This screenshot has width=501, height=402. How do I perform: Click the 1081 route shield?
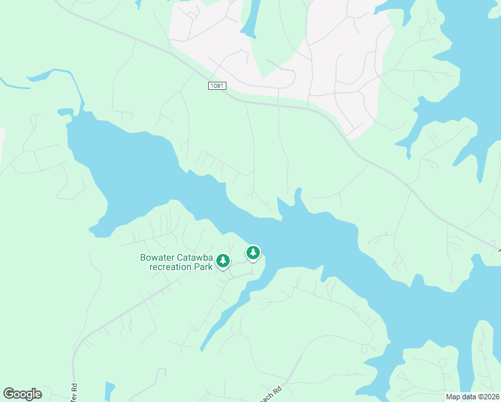click(x=216, y=86)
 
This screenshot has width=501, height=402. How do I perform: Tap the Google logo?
click(x=22, y=394)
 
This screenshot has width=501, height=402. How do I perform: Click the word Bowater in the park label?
click(x=160, y=257)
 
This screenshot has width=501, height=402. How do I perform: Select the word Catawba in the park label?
click(x=198, y=257)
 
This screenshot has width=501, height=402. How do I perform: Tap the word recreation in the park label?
click(x=170, y=267)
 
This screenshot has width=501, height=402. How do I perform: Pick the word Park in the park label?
click(x=204, y=267)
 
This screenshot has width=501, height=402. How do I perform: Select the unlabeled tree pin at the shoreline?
click(x=253, y=253)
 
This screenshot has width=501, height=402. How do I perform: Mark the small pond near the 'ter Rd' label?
click(x=109, y=391)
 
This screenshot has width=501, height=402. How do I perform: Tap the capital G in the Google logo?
click(x=9, y=394)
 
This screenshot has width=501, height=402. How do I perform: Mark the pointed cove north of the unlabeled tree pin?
click(x=297, y=196)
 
